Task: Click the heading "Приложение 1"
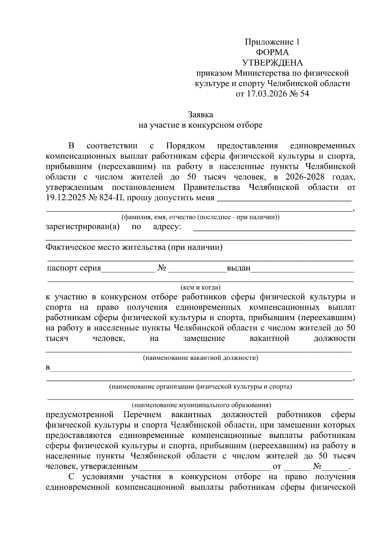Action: [x=272, y=42]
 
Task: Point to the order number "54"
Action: [x=304, y=94]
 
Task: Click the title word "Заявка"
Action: [x=200, y=114]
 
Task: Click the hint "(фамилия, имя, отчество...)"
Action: [x=200, y=217]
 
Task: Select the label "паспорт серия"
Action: [x=74, y=268]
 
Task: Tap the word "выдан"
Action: [x=238, y=268]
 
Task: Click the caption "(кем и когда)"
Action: [x=200, y=287]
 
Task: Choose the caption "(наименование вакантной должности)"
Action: [x=200, y=358]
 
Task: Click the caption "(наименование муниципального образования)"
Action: [x=200, y=405]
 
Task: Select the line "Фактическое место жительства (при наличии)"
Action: [x=134, y=247]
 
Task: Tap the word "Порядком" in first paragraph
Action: [x=185, y=146]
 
